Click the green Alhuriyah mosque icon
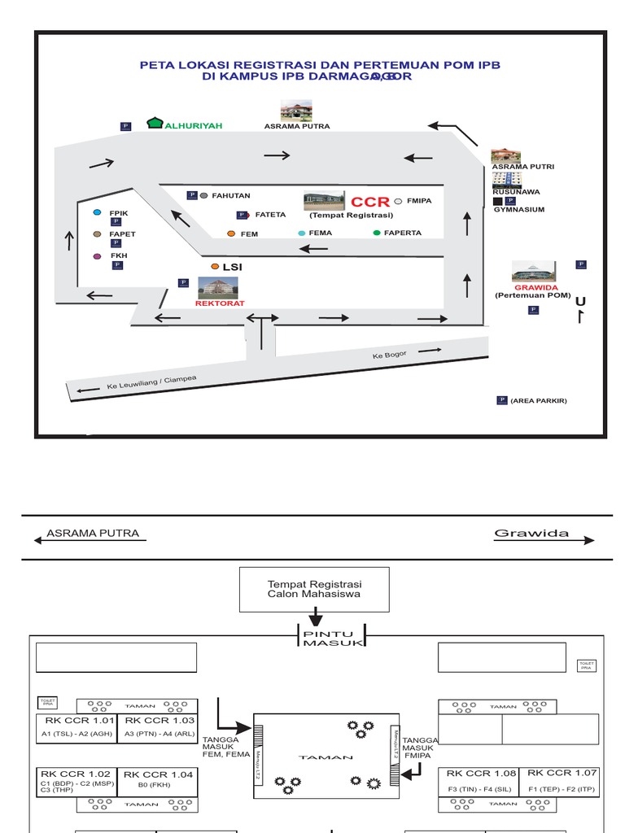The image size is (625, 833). (155, 123)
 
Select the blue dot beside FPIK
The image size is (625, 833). (97, 212)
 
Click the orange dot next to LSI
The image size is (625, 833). (215, 266)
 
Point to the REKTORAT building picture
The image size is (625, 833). (218, 287)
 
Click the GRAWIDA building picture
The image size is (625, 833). (533, 272)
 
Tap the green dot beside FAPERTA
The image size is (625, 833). (376, 233)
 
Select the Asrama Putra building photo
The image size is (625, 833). (296, 111)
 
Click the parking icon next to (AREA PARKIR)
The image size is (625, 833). (502, 400)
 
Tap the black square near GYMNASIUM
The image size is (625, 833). (497, 201)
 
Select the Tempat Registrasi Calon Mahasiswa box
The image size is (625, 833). (314, 590)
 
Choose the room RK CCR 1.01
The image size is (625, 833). (76, 726)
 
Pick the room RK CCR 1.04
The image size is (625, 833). (159, 779)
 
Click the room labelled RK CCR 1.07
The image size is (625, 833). (561, 778)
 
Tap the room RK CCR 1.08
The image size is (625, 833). (481, 779)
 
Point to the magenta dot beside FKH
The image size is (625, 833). (97, 256)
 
